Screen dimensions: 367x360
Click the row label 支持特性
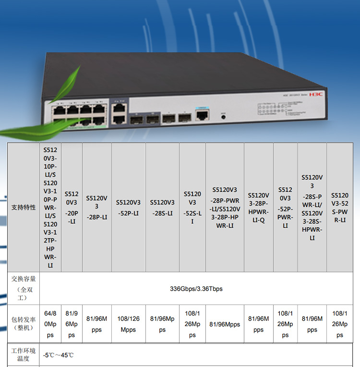24,208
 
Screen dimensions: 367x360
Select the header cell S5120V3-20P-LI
72,208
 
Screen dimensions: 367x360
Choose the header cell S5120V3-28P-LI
97,208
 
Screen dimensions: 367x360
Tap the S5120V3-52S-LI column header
192,208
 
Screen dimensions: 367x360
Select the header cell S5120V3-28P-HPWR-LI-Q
259,208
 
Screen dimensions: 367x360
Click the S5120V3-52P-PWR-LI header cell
285,208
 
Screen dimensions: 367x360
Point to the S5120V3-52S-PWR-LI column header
340,208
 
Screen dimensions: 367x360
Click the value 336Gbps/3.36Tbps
196,289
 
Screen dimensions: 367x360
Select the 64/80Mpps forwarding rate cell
50,324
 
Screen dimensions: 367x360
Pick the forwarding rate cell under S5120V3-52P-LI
128,324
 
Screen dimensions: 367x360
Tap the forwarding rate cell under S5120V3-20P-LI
72,324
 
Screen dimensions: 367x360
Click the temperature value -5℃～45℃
59,355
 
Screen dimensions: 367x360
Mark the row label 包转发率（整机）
24,324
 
